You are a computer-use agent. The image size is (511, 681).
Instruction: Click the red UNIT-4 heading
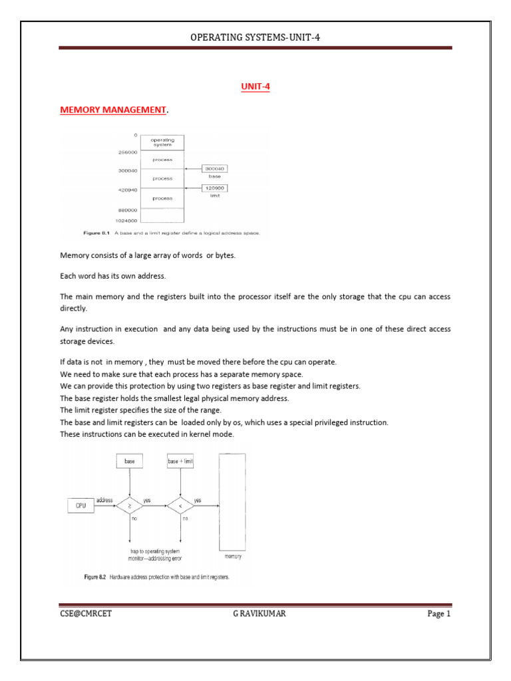255,86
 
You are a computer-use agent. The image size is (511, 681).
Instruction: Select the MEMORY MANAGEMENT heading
112,109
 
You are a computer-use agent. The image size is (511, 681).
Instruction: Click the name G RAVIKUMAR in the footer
255,614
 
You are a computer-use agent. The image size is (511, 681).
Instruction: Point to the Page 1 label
439,614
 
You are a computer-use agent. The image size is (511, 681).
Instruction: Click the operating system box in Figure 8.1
162,142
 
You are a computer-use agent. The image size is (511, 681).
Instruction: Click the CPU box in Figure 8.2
81,505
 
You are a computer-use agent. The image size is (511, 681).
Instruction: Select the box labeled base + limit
181,460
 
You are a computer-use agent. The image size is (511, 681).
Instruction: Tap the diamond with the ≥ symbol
130,505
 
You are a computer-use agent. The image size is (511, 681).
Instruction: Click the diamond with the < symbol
181,505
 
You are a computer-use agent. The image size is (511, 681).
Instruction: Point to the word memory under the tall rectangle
232,556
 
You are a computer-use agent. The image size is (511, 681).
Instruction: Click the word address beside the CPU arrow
104,499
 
